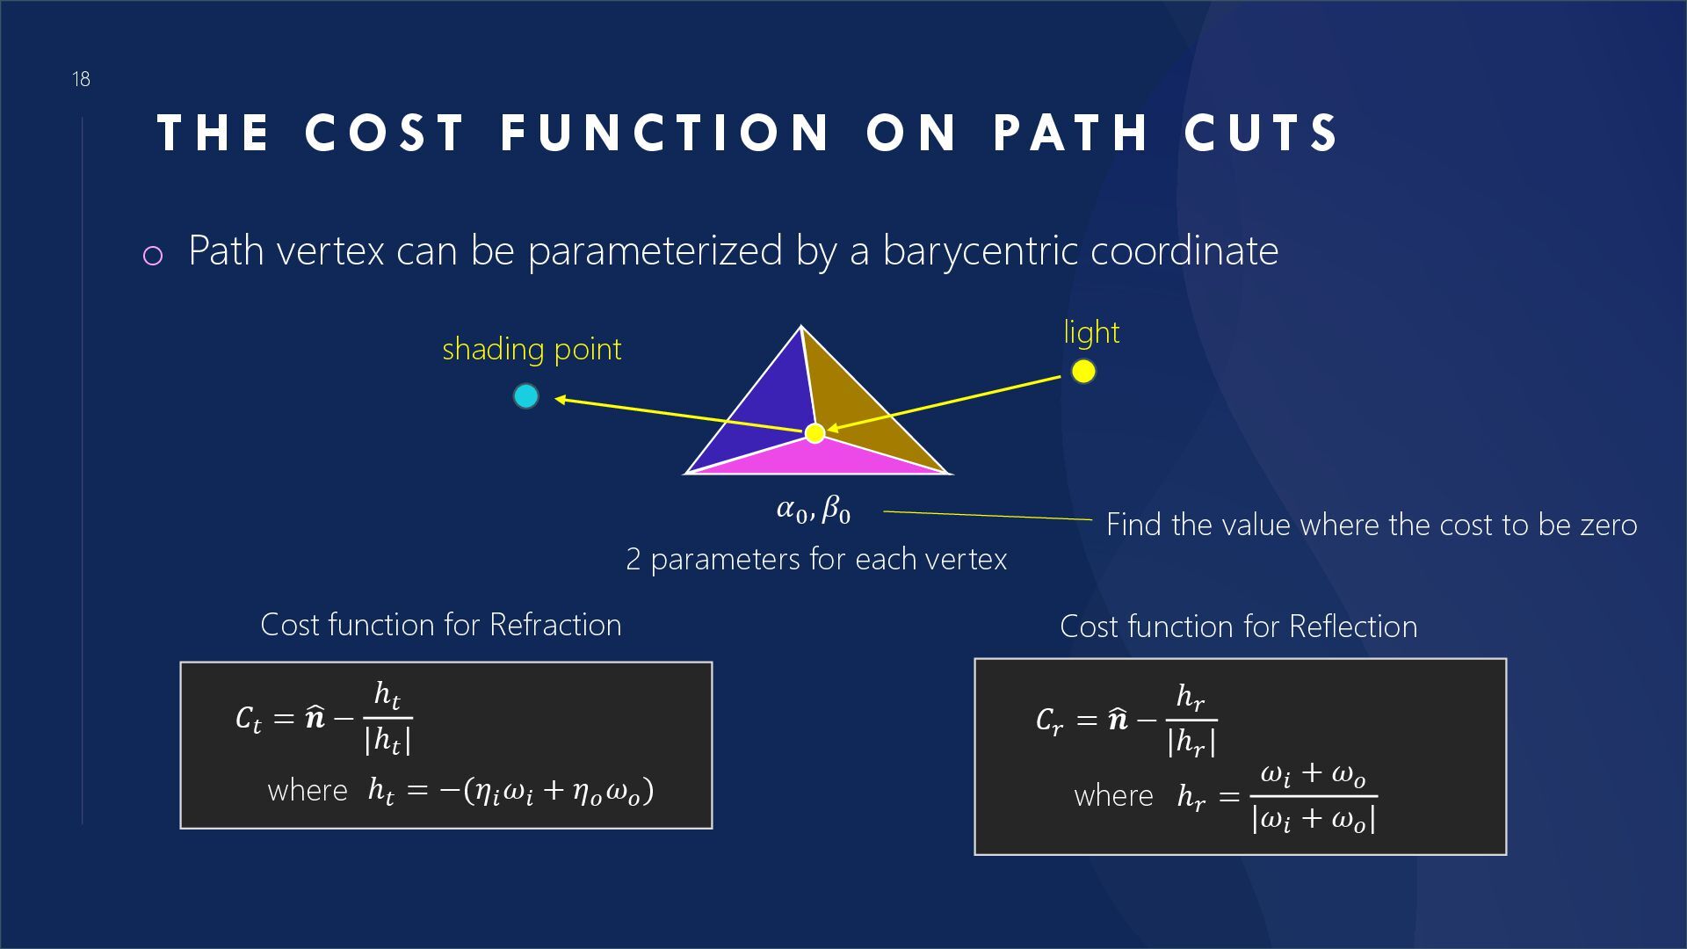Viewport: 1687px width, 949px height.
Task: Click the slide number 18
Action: [x=81, y=80]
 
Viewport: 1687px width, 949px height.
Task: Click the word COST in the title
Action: [x=385, y=134]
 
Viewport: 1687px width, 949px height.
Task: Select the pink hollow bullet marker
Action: [x=153, y=256]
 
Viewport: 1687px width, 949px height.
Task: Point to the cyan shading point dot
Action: [x=525, y=396]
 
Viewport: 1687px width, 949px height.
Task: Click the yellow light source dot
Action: [x=1083, y=372]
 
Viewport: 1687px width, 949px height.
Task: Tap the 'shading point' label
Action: [x=532, y=350]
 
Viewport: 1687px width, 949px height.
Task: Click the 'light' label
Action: [x=1091, y=333]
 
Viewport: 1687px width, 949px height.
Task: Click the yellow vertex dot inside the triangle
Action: [x=815, y=432]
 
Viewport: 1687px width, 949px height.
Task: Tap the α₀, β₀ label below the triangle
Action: [x=814, y=510]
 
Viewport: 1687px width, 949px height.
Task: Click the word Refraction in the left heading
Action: [x=555, y=625]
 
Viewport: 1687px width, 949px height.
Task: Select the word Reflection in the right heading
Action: [x=1353, y=627]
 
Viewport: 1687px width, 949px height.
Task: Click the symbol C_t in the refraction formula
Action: [x=249, y=719]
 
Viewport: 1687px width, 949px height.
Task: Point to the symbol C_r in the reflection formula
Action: [x=1049, y=721]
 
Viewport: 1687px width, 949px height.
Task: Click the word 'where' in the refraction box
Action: [x=308, y=791]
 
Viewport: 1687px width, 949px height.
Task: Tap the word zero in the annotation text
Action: [x=1609, y=525]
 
